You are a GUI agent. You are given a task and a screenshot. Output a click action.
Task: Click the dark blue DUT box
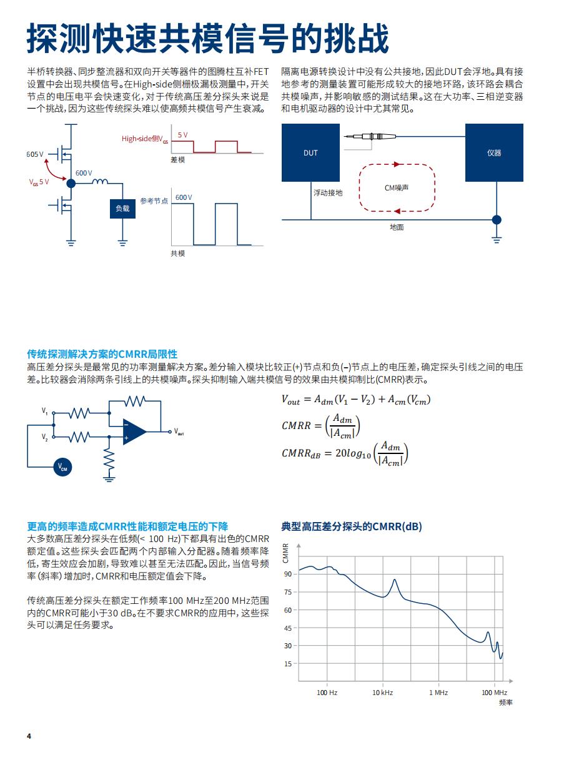coord(310,152)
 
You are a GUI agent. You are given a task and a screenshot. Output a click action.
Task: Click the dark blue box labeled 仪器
coord(494,152)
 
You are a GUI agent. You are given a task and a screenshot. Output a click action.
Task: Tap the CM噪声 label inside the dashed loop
coord(396,187)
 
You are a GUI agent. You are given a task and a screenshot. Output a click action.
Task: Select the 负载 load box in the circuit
coord(122,209)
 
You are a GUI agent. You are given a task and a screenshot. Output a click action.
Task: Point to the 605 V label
coord(35,154)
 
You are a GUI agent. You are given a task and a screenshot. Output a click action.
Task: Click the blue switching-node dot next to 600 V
coord(71,183)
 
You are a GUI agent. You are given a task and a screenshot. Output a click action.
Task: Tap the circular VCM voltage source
coord(63,466)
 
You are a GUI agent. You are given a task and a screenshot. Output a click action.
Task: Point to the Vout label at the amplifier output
coord(179,432)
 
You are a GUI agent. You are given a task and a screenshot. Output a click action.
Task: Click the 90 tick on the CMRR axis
coord(288,574)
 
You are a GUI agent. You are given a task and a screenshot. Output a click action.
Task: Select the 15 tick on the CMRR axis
coord(288,664)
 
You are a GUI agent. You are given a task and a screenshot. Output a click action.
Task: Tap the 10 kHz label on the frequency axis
coord(382,693)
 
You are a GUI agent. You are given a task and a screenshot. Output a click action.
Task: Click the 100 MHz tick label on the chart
coord(494,693)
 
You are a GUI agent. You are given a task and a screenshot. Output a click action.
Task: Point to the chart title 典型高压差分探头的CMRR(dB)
coord(352,526)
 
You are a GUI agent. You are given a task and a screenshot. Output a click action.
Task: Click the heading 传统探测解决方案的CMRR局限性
coord(102,354)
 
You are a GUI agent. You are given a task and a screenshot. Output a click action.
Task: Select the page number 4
coord(29,736)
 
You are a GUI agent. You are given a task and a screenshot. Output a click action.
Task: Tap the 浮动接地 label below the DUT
coord(328,193)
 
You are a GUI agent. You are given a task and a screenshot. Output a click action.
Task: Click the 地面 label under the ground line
coord(397,227)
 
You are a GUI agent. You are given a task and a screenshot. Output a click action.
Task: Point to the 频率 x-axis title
coord(505,703)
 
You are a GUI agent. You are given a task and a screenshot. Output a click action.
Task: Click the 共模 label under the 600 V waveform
coord(178,254)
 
